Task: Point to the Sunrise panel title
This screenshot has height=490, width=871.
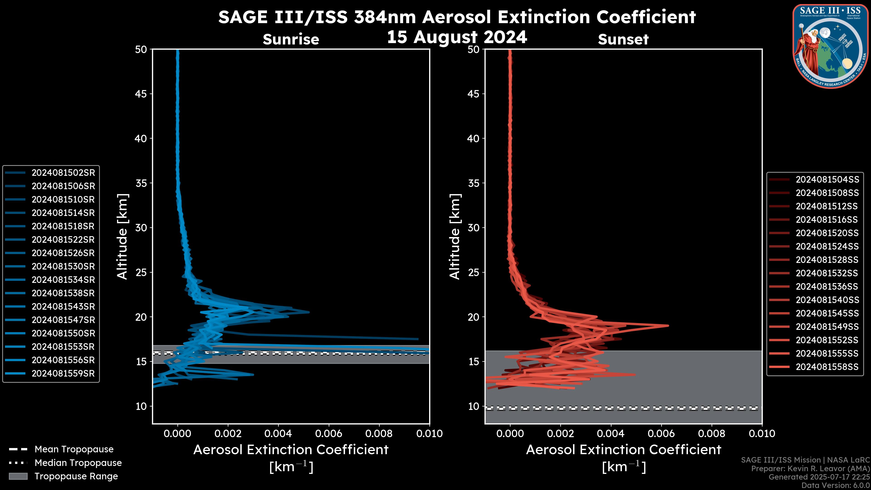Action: [291, 39]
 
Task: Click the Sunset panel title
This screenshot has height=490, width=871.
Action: [623, 39]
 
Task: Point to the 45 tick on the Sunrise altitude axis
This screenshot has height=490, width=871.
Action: [141, 94]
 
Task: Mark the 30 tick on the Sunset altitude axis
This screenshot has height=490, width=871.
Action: [474, 228]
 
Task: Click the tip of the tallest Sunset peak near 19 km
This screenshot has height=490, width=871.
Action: [668, 326]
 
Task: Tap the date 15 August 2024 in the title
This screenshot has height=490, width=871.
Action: [457, 37]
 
